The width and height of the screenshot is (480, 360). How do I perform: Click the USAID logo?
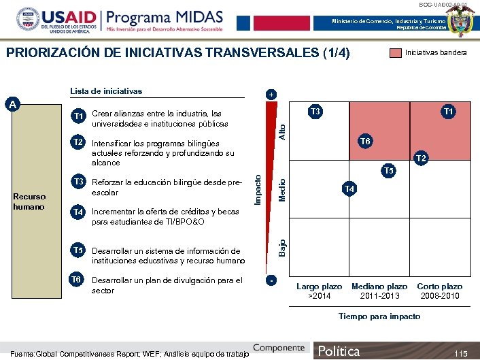(51, 23)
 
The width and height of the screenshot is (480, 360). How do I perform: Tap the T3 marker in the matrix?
(315, 111)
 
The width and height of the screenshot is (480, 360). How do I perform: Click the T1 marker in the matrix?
(449, 111)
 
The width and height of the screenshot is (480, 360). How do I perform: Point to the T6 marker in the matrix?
(365, 141)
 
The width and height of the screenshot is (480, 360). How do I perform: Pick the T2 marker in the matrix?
(421, 159)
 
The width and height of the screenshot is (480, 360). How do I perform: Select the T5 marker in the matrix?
(388, 170)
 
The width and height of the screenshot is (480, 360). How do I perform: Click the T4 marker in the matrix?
(349, 188)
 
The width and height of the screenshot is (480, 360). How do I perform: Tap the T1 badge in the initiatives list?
(79, 116)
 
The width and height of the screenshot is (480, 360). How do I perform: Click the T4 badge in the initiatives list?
(79, 212)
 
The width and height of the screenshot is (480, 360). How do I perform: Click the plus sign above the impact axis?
(271, 94)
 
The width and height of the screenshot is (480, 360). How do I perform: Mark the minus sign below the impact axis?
(271, 280)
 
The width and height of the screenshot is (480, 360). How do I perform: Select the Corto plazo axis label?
(439, 287)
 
